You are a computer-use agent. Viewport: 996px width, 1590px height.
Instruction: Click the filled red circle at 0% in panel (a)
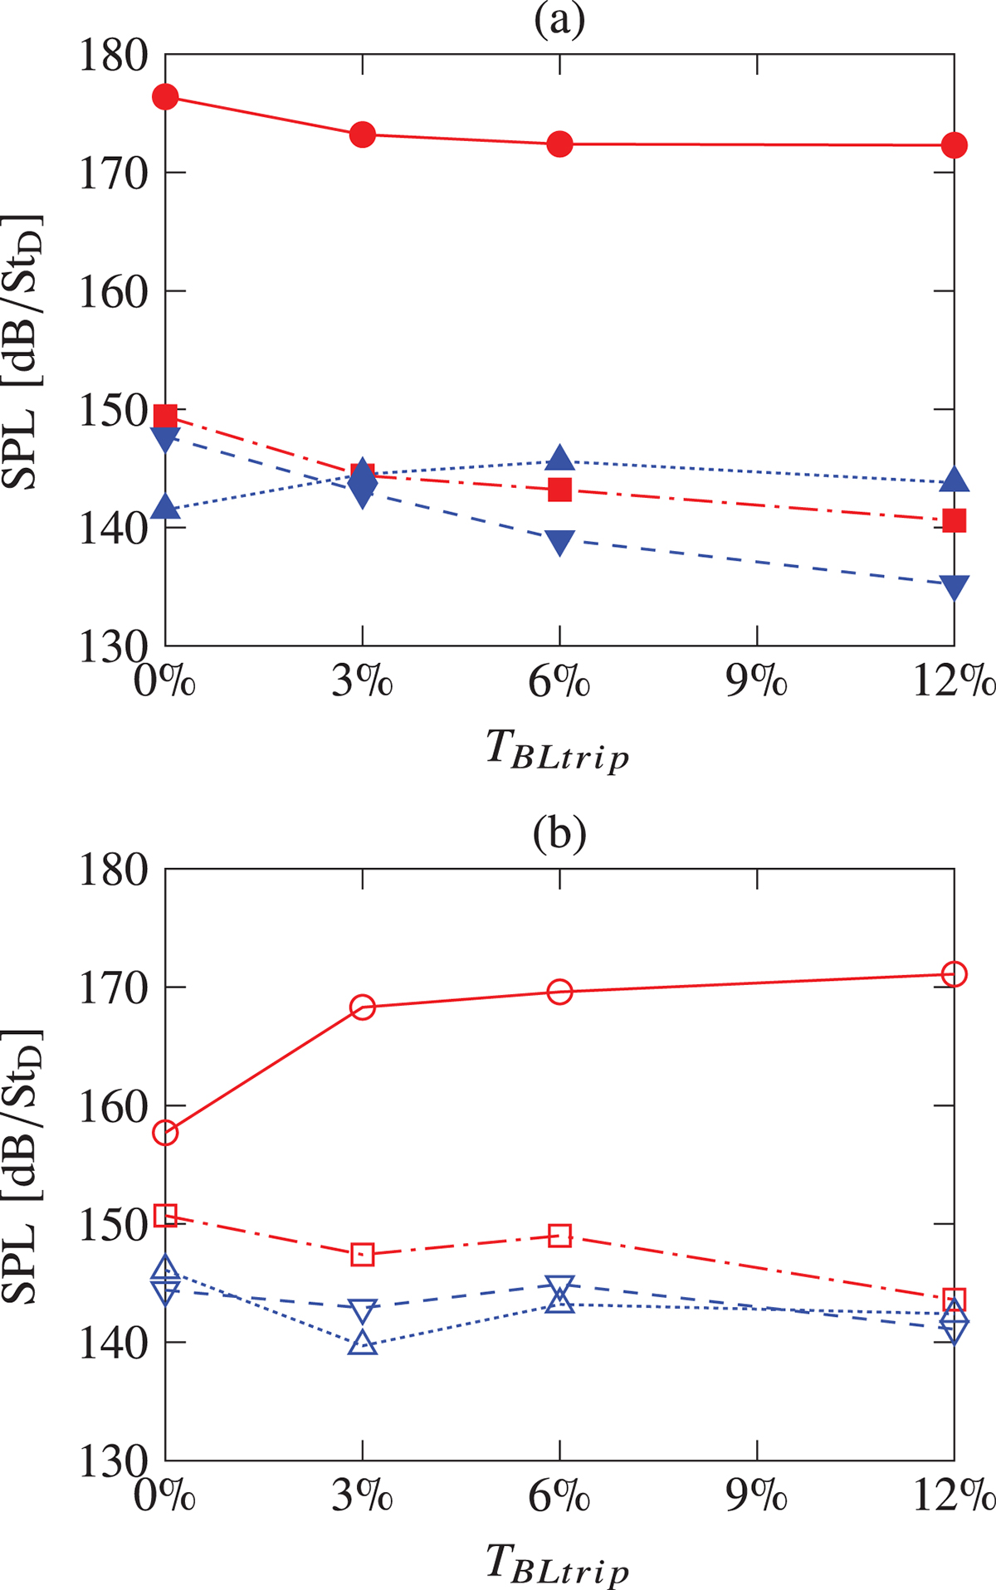click(x=166, y=97)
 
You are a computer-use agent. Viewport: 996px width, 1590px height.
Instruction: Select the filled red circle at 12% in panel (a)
click(x=954, y=145)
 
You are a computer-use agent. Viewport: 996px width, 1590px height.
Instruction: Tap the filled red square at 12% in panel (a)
click(x=954, y=520)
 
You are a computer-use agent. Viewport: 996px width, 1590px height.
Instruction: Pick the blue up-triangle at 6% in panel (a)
click(x=560, y=457)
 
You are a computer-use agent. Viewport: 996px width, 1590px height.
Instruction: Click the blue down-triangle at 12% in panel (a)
click(x=954, y=587)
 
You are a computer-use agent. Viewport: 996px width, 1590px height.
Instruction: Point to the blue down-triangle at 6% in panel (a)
click(x=560, y=543)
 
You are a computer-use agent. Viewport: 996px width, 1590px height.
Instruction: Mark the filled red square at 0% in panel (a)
click(x=166, y=416)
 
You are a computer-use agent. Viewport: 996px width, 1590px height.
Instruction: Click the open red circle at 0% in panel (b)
click(x=166, y=1133)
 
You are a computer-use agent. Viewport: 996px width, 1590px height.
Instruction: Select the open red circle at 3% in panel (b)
click(x=363, y=1007)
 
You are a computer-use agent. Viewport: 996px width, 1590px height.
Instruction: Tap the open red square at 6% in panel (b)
click(x=560, y=1236)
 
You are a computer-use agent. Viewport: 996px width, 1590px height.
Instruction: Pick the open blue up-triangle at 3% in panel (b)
click(x=363, y=1344)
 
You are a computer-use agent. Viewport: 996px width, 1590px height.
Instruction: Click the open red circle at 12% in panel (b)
click(x=954, y=973)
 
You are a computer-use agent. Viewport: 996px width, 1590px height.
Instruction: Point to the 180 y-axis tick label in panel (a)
click(x=114, y=56)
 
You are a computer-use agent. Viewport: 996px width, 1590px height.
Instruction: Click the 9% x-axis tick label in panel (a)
click(x=756, y=682)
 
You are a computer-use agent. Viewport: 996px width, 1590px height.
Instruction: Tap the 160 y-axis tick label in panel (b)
click(x=114, y=1108)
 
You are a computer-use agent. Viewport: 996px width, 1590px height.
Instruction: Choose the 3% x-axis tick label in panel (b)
click(x=362, y=1495)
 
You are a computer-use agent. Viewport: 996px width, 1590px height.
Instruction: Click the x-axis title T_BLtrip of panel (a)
click(x=558, y=750)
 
